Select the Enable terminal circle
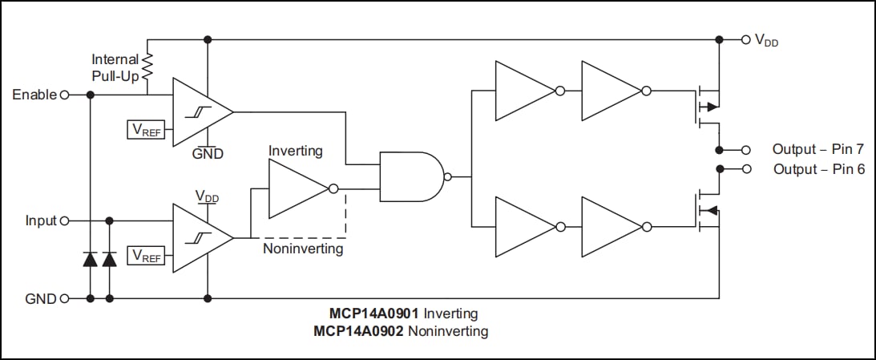64,95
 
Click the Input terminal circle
64,220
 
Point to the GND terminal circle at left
64,299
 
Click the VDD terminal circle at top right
745,38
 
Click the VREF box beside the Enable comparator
146,129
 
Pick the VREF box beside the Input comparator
146,256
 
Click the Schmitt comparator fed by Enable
200,112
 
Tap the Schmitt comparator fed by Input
200,237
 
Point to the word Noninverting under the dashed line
303,249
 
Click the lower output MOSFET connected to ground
705,211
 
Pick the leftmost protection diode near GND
90,258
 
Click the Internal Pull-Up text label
115,67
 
